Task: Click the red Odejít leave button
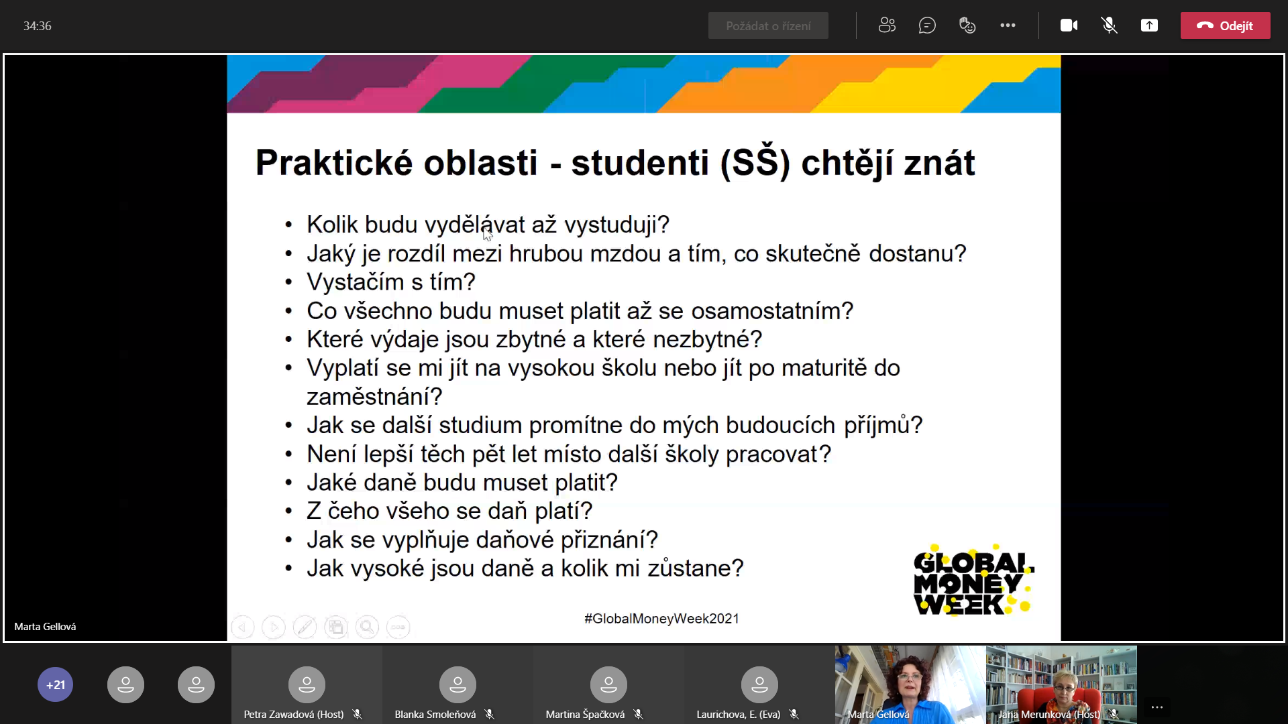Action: click(x=1225, y=25)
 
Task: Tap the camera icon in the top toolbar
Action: click(x=1069, y=25)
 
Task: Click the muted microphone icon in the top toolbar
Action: click(x=1109, y=25)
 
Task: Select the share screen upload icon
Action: click(x=1149, y=25)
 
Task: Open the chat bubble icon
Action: click(x=927, y=25)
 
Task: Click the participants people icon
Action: click(x=887, y=25)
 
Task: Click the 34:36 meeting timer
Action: click(x=38, y=26)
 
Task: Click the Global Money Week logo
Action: click(x=974, y=581)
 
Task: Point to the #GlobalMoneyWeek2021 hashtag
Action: click(x=661, y=618)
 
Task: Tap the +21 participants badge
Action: click(x=56, y=684)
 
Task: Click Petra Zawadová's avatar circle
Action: click(x=307, y=684)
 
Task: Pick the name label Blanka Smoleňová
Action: click(x=435, y=715)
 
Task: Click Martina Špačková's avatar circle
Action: click(x=608, y=684)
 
